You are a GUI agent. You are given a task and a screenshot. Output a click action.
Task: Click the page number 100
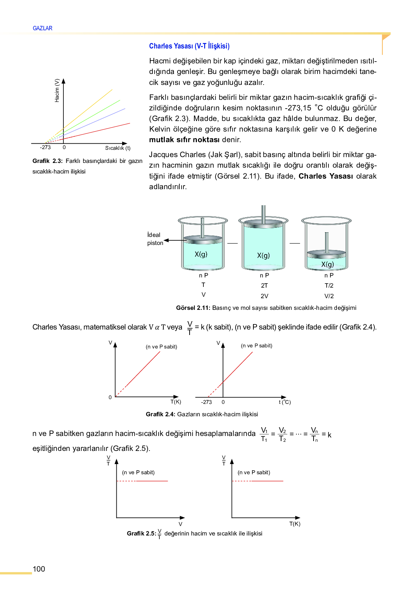point(39,569)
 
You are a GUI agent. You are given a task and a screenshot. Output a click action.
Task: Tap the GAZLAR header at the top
point(42,28)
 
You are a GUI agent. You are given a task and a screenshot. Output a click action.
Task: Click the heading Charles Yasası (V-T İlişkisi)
point(189,46)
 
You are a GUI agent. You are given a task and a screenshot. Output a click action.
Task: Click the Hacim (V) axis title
point(57,90)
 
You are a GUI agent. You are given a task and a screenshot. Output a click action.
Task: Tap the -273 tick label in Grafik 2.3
point(45,147)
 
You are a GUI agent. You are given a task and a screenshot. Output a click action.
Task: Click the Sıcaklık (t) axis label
point(118,148)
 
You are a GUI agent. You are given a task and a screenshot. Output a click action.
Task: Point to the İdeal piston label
point(155,239)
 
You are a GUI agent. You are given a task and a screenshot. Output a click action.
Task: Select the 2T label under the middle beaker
point(264,285)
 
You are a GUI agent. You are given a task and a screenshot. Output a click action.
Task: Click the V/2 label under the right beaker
point(329,296)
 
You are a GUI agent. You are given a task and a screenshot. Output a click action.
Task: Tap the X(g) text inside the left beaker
point(201,254)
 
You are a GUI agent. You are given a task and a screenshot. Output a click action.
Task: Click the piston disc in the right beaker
point(326,253)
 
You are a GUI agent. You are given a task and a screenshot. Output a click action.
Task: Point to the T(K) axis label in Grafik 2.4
point(176,402)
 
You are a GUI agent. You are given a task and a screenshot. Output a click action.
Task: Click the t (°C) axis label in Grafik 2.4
point(285,402)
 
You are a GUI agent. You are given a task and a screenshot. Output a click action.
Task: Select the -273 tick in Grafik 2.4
point(206,402)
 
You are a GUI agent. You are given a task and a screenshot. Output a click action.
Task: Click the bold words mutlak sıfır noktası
point(184,140)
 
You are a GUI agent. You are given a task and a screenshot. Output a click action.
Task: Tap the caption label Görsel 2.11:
point(193,308)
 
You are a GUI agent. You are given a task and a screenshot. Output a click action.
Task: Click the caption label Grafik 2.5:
point(141,533)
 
